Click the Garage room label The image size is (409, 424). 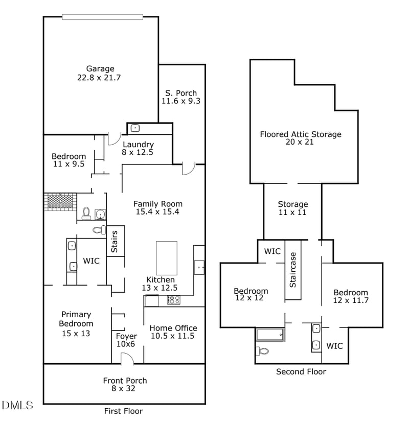click(100, 73)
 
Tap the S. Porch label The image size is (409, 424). click(181, 97)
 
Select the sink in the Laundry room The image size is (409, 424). click(135, 128)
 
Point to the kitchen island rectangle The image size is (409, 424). click(167, 258)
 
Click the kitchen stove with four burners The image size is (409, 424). click(173, 300)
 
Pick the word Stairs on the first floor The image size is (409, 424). click(115, 242)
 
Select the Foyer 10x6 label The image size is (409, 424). click(126, 340)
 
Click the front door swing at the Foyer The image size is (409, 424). click(127, 359)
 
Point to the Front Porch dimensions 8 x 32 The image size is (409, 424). click(125, 389)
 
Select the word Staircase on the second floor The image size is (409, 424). click(293, 270)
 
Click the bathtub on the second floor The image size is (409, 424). click(269, 335)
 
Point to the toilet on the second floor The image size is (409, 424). click(262, 351)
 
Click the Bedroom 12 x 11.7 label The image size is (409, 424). click(351, 297)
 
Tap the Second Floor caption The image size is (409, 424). click(301, 371)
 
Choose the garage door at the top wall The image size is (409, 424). click(102, 17)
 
